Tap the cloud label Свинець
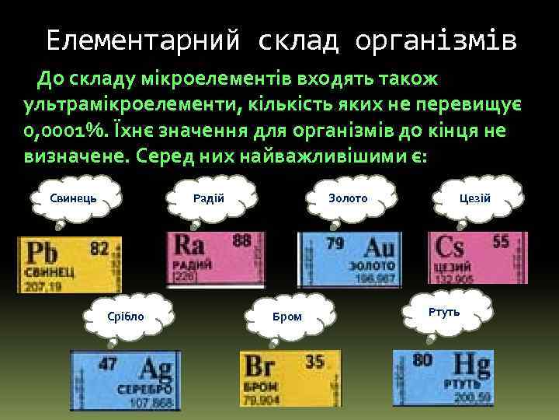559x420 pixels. (73, 198)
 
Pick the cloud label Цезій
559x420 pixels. (474, 198)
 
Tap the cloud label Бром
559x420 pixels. (287, 316)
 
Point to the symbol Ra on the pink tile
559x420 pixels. (190, 245)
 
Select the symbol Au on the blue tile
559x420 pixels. (379, 248)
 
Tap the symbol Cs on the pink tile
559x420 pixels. (451, 247)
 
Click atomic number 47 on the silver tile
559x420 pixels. (108, 363)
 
